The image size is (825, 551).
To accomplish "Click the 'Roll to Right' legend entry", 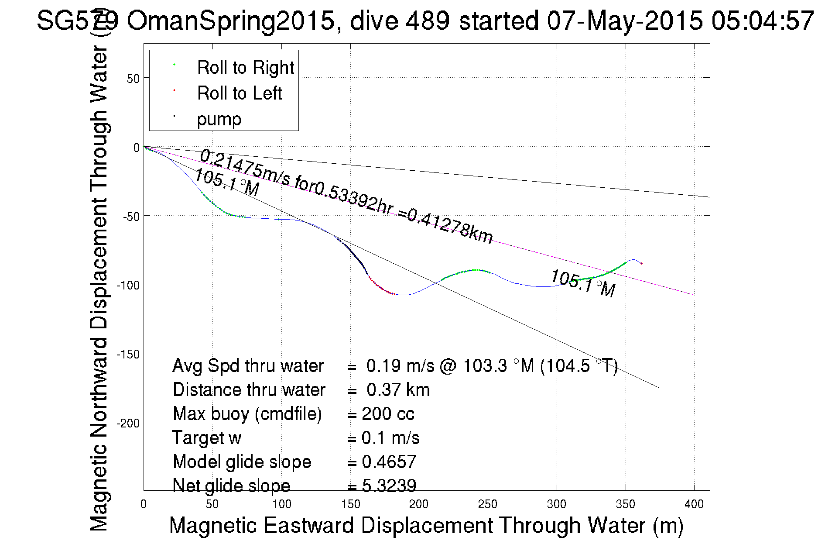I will [x=245, y=67].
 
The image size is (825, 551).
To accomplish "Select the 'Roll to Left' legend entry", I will [x=239, y=93].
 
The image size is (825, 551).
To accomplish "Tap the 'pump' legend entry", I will [x=219, y=119].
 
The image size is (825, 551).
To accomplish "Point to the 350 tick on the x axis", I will [x=625, y=504].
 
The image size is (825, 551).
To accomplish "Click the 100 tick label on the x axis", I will [x=281, y=504].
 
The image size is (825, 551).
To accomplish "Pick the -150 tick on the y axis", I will [x=128, y=354].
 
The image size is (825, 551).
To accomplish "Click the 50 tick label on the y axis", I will [x=133, y=79].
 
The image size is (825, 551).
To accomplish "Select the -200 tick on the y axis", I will [x=128, y=423].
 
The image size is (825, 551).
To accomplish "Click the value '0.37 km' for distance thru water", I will [x=398, y=389].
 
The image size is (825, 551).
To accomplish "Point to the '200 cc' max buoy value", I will [x=388, y=413].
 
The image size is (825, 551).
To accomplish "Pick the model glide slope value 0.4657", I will [x=389, y=461].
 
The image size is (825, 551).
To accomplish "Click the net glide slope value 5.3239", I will [x=389, y=485].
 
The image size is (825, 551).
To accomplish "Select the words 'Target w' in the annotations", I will [x=206, y=437].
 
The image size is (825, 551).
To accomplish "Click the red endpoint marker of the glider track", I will [x=641, y=263].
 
